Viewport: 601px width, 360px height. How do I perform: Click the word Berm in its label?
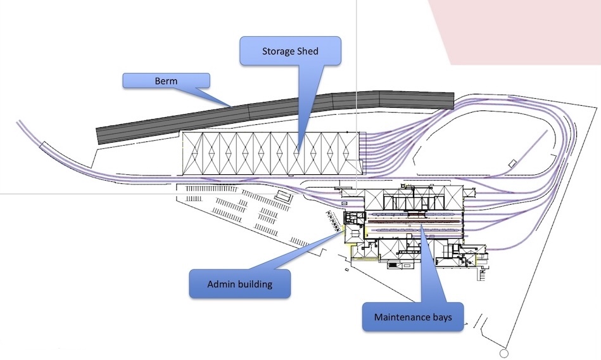(165, 81)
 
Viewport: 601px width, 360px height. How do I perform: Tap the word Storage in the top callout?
(278, 51)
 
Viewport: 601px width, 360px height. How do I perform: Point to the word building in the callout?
(255, 284)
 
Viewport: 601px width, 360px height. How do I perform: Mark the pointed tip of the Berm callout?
(231, 105)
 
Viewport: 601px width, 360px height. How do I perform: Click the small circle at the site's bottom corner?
(505, 354)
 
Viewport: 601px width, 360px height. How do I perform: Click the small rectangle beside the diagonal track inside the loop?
(512, 163)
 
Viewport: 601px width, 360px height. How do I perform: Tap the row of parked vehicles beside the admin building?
(331, 221)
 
